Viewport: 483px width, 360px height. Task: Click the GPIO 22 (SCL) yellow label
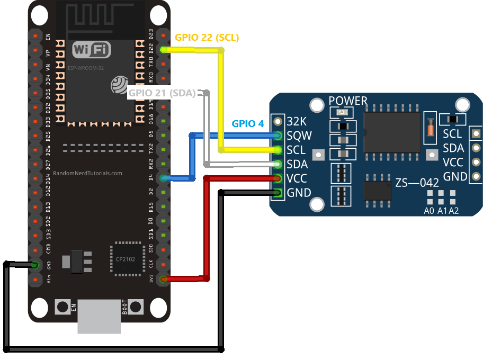[x=207, y=38]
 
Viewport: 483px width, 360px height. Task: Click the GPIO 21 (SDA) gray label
[x=162, y=94]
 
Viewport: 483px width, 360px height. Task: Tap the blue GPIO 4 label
[x=247, y=124]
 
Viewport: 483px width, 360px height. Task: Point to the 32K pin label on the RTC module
[x=297, y=121]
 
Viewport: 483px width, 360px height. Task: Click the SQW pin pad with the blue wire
[x=277, y=136]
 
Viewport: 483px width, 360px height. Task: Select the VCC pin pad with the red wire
[x=277, y=178]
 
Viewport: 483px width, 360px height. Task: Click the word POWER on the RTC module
[x=348, y=101]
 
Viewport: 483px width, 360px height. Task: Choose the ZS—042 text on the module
[x=417, y=183]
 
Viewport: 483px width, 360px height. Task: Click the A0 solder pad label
[x=430, y=211]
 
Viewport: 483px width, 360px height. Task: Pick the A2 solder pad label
[x=453, y=211]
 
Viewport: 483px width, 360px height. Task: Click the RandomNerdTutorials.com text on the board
[x=87, y=173]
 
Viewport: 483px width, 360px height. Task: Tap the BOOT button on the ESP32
[x=136, y=307]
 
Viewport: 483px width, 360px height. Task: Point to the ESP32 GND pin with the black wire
[x=35, y=264]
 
